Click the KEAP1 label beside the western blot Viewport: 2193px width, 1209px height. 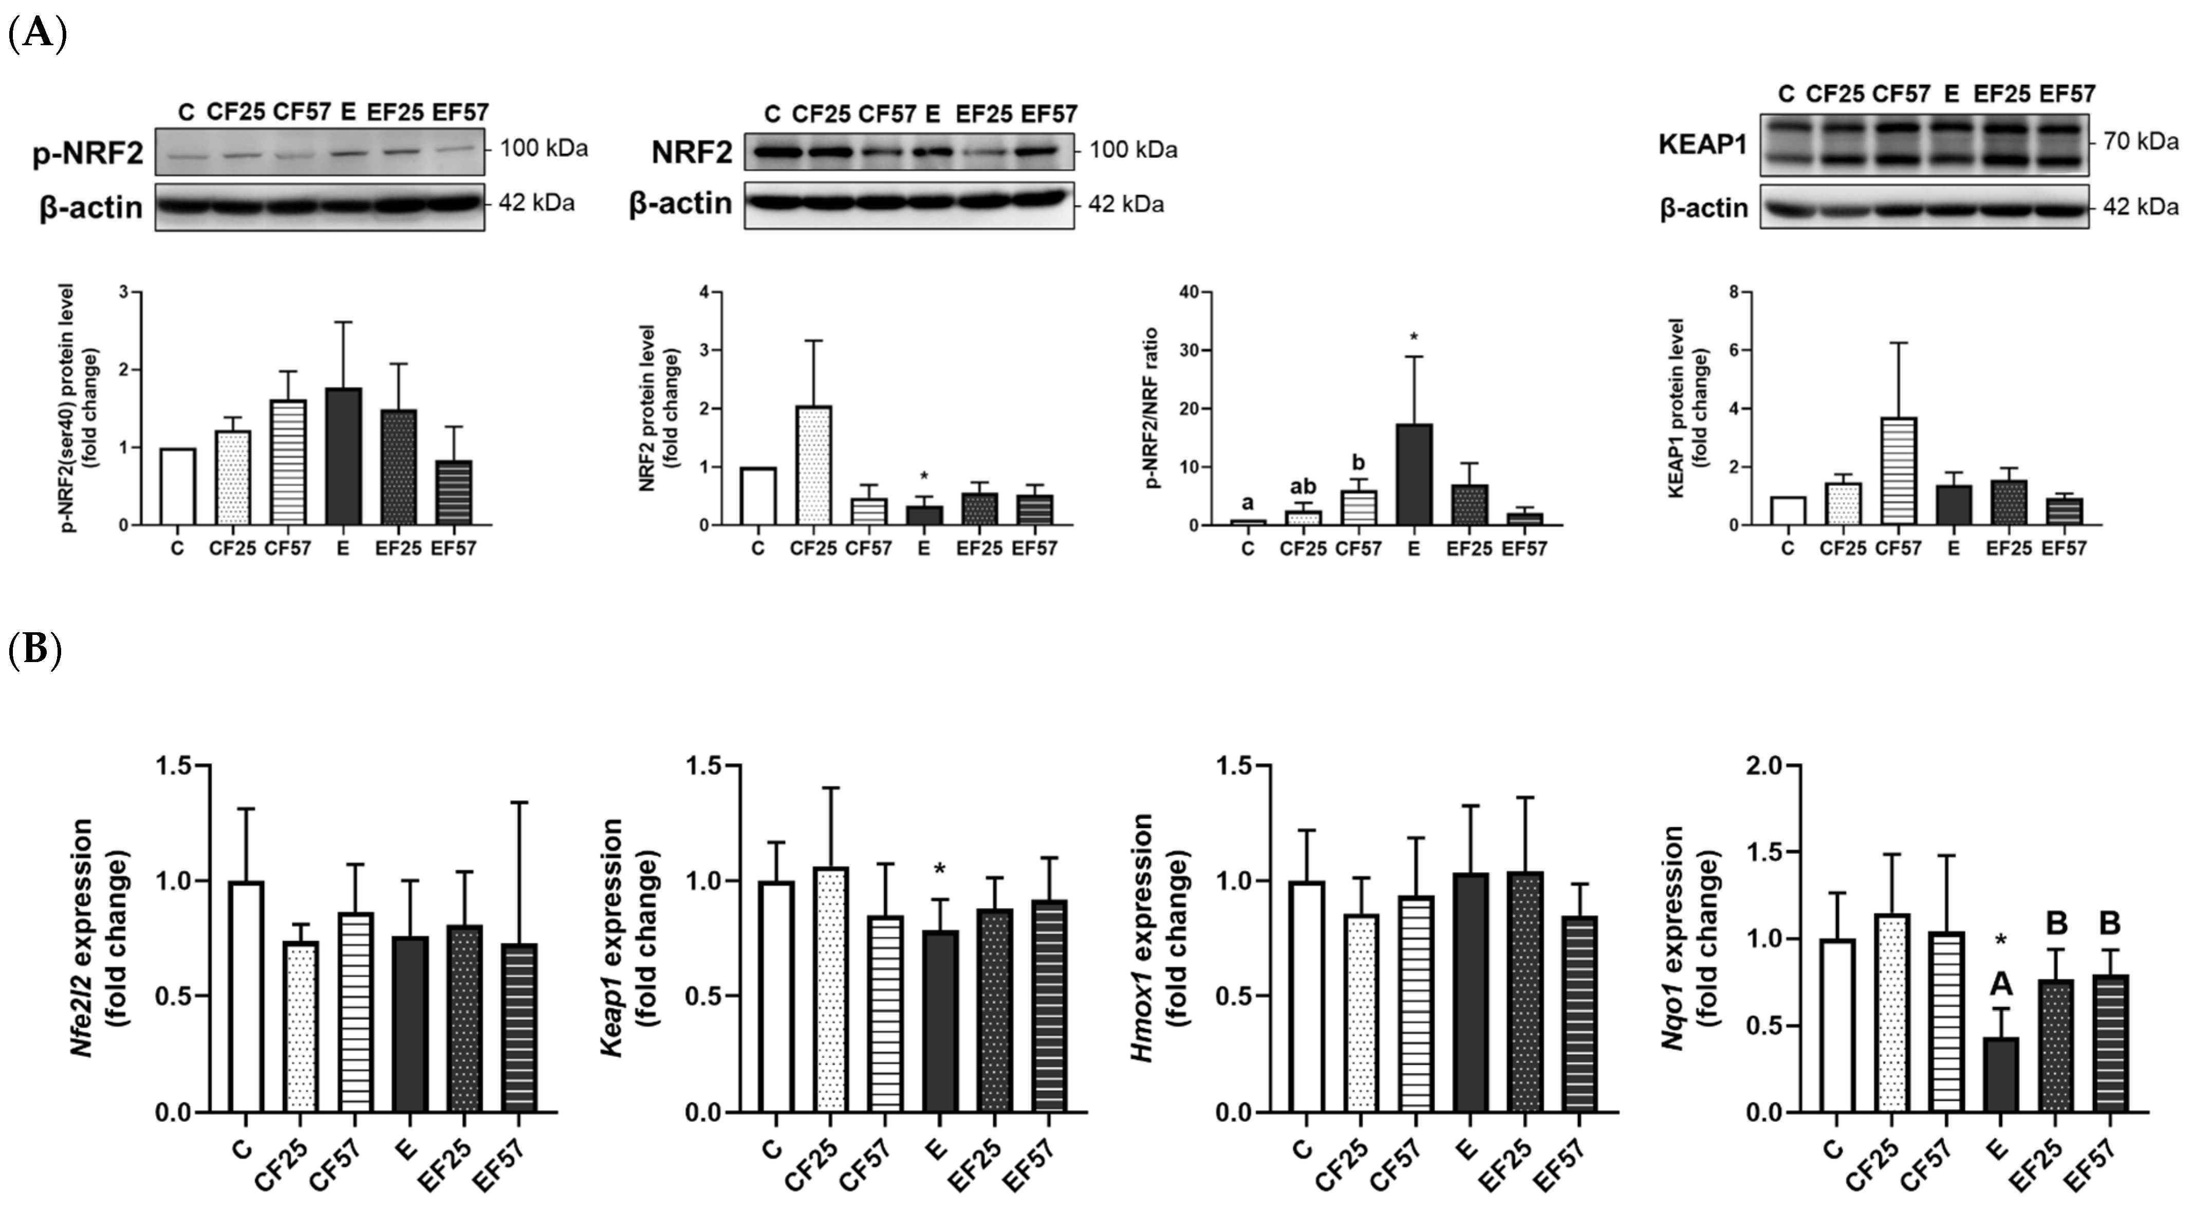click(1703, 145)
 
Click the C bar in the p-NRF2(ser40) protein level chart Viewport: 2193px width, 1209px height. click(177, 486)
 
